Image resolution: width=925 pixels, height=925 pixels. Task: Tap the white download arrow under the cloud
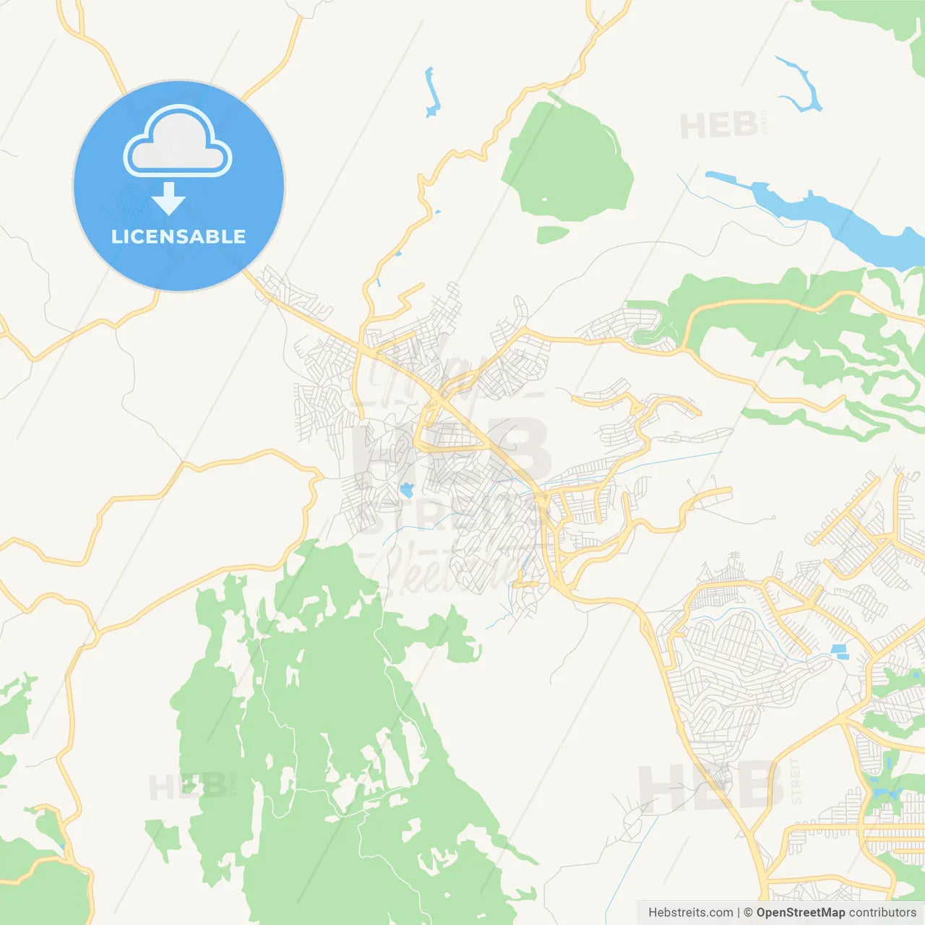pos(168,199)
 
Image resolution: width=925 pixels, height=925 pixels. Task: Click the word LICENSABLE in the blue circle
pos(178,236)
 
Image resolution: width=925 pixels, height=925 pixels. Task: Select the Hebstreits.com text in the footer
pos(691,913)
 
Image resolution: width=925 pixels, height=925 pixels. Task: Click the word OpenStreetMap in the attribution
pos(801,913)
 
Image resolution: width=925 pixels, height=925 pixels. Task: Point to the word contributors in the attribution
pos(882,913)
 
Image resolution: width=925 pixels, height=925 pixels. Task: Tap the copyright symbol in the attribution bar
pos(748,913)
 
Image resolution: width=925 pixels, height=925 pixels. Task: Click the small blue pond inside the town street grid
pos(406,491)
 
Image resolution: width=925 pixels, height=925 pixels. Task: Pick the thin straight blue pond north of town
pos(432,92)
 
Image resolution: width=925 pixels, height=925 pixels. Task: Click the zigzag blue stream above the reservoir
pos(801,85)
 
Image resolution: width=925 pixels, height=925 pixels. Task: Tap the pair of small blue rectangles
pos(839,652)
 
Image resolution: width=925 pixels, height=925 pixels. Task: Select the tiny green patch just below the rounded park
pos(553,234)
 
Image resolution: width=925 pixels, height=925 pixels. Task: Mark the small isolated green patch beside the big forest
pos(163,835)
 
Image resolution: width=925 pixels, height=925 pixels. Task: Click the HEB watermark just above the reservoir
pos(719,127)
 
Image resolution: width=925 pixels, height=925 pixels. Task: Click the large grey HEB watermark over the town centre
pos(452,452)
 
